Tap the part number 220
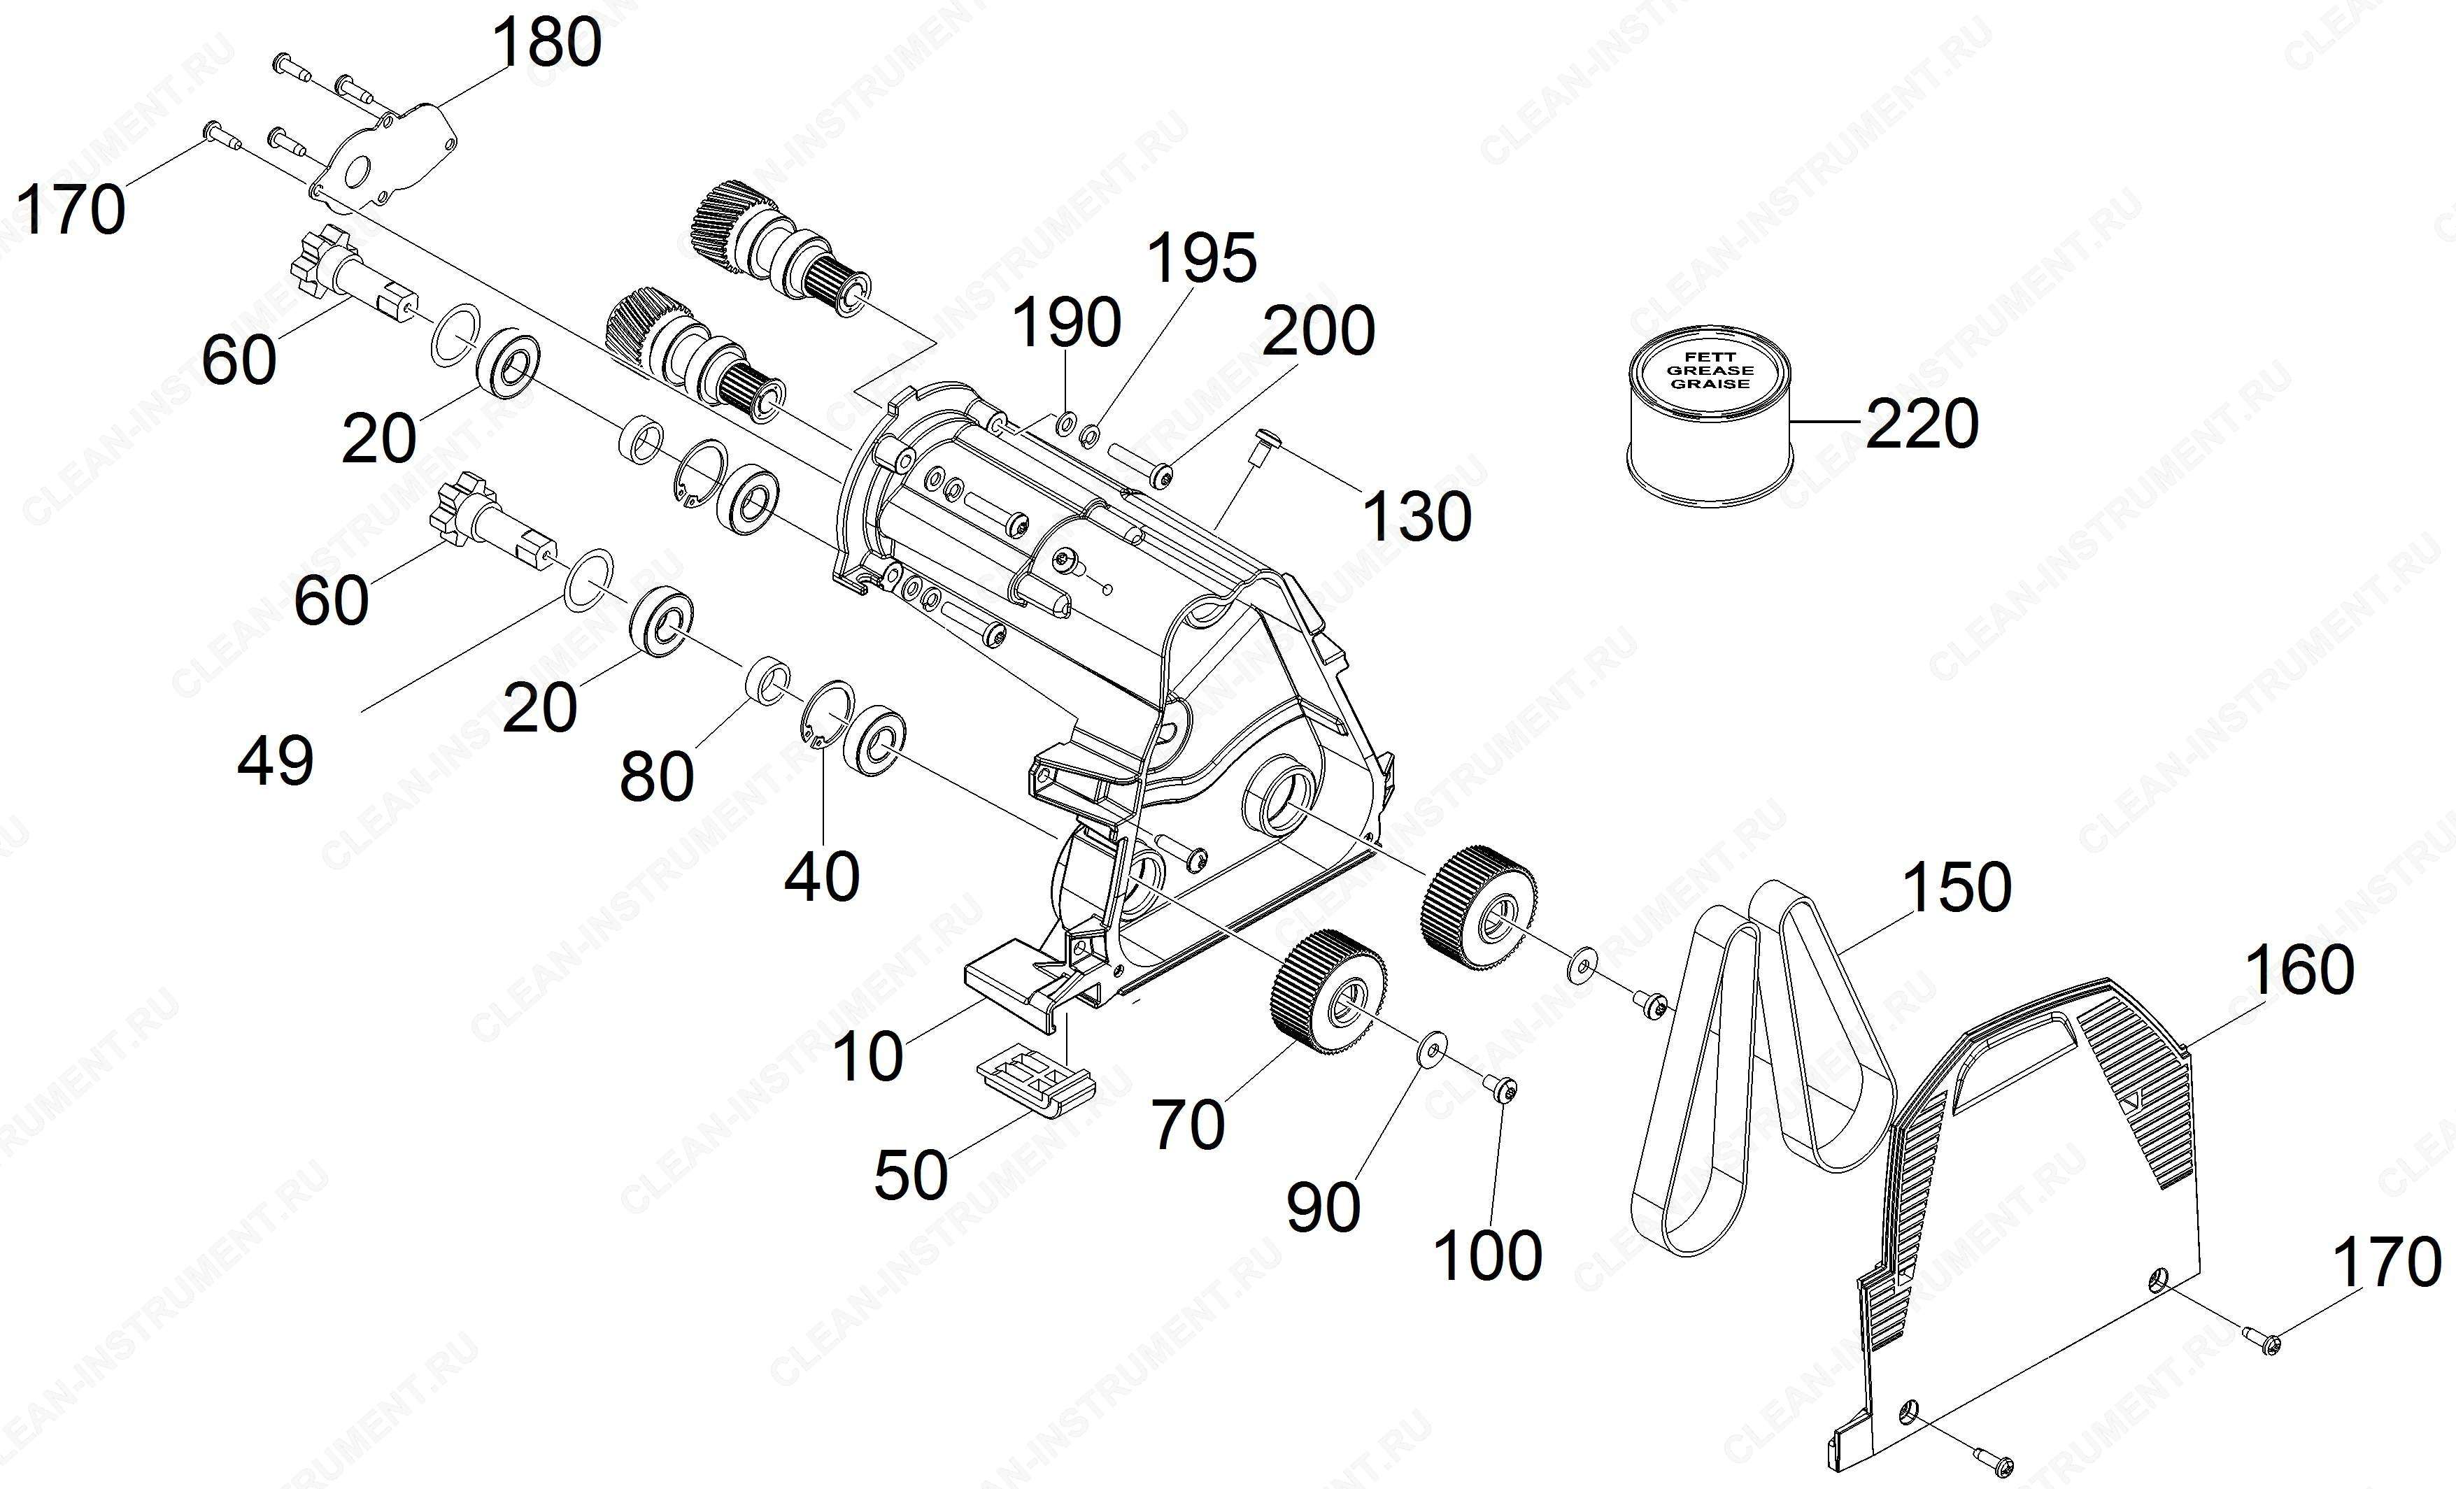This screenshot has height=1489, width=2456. pyautogui.click(x=1922, y=424)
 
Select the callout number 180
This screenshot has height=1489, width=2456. pyautogui.click(x=547, y=42)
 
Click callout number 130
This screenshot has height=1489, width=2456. pyautogui.click(x=1417, y=516)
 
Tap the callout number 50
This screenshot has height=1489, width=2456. pyautogui.click(x=911, y=1174)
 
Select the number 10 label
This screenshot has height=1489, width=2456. pyautogui.click(x=868, y=1057)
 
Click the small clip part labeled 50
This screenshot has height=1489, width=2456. pyautogui.click(x=1034, y=1081)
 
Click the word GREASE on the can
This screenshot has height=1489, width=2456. pyautogui.click(x=1710, y=370)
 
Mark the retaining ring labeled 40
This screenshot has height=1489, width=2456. pyautogui.click(x=826, y=715)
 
